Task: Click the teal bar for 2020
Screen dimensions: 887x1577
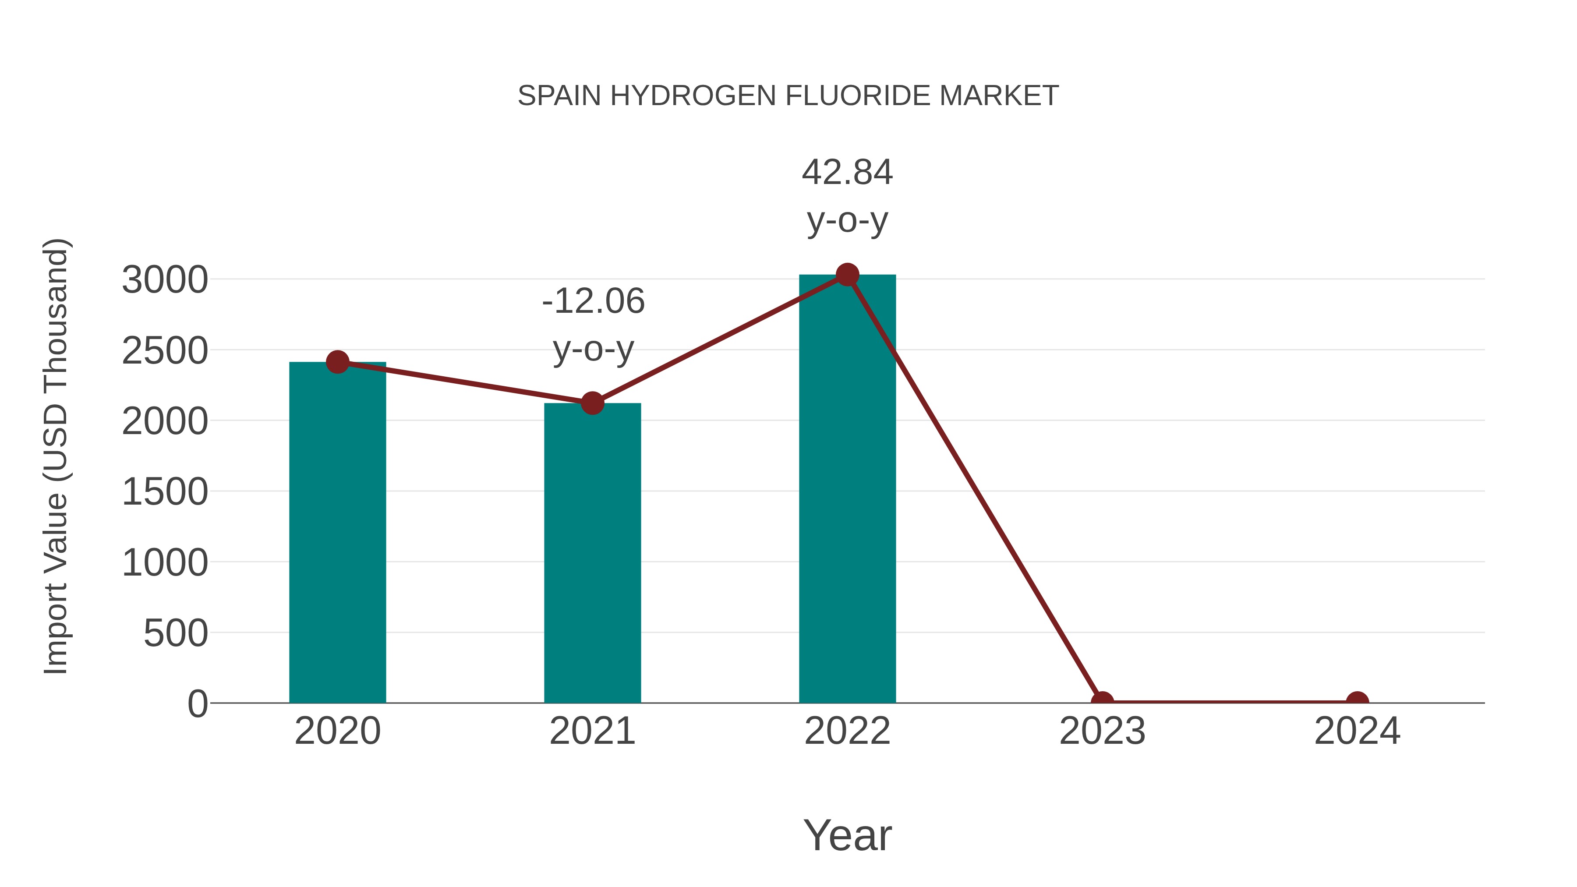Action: tap(337, 533)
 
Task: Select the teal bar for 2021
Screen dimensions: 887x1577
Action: tap(592, 553)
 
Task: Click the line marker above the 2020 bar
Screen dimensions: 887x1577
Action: tap(337, 362)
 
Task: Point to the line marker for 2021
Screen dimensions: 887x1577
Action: tap(592, 403)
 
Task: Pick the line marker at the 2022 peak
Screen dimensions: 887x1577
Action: tap(847, 275)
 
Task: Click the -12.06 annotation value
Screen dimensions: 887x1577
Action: tap(593, 301)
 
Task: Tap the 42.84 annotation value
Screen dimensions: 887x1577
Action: tap(847, 172)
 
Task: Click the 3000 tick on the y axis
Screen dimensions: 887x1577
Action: tap(165, 280)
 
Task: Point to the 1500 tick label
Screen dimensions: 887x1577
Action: tap(165, 492)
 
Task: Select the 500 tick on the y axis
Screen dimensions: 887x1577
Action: tap(176, 633)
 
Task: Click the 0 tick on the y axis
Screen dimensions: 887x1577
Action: tap(197, 704)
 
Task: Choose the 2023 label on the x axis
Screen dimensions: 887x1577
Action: tap(1102, 731)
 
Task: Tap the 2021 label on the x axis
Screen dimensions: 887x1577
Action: tap(592, 731)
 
